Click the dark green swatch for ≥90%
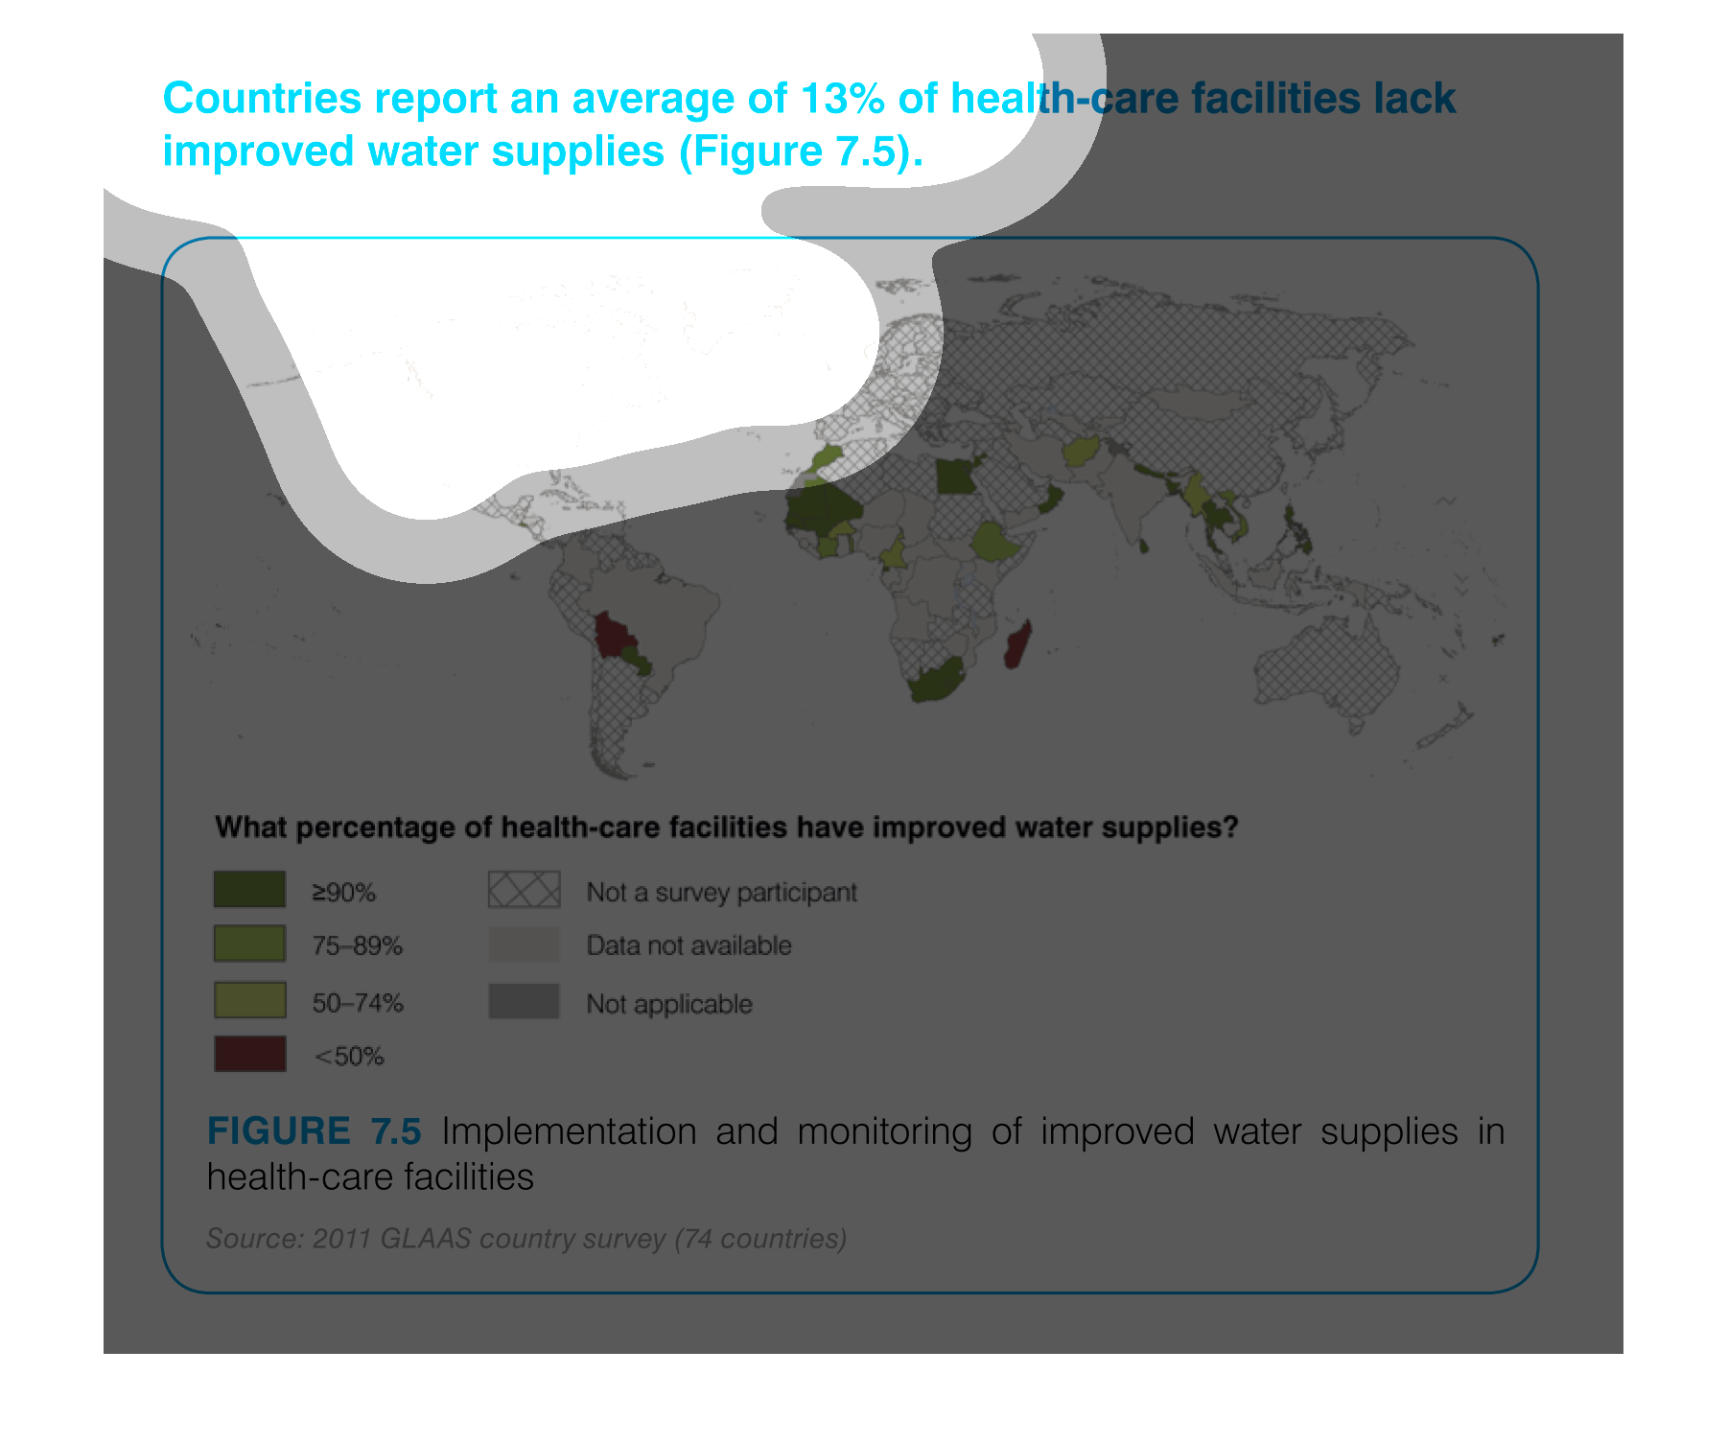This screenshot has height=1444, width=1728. click(249, 889)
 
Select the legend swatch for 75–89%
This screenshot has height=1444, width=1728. click(249, 943)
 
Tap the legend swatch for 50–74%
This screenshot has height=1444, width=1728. click(249, 1000)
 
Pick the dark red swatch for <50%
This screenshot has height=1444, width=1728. click(249, 1054)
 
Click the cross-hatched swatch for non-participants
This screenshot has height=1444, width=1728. click(524, 889)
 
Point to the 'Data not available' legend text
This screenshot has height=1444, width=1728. click(689, 945)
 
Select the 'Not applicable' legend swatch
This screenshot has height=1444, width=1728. click(524, 1001)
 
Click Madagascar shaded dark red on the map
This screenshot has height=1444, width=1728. click(1018, 643)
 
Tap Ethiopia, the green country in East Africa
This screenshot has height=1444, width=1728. click(996, 543)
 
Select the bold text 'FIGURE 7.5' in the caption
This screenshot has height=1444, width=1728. click(315, 1131)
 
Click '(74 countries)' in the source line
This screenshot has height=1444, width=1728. click(760, 1239)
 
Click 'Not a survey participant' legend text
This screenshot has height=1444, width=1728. click(721, 893)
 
